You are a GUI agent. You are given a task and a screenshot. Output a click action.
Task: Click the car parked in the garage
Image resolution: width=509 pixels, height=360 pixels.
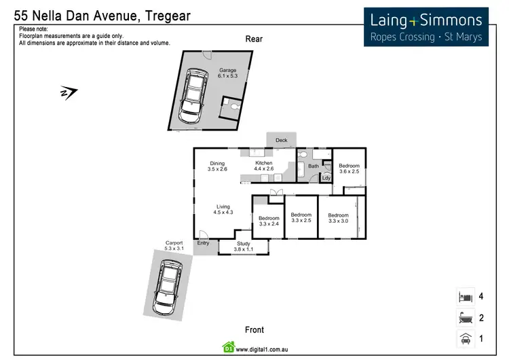click(x=193, y=96)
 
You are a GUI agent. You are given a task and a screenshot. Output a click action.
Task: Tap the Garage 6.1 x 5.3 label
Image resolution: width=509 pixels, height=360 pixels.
click(x=227, y=73)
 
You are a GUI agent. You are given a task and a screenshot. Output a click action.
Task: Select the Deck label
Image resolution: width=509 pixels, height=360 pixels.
click(x=282, y=141)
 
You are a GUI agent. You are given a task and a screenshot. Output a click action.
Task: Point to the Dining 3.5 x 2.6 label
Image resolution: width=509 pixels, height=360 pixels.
click(x=217, y=166)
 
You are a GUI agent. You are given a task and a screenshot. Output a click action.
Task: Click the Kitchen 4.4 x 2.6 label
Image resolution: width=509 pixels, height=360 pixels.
click(x=263, y=166)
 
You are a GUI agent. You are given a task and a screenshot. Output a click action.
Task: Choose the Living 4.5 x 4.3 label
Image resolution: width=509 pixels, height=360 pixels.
click(x=223, y=210)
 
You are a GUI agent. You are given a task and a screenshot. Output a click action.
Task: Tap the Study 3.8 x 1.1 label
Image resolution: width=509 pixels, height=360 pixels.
click(x=244, y=247)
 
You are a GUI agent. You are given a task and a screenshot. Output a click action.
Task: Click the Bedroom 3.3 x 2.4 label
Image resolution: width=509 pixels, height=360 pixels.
click(x=269, y=221)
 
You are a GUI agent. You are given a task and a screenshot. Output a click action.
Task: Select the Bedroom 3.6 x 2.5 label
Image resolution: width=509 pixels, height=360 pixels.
click(x=350, y=168)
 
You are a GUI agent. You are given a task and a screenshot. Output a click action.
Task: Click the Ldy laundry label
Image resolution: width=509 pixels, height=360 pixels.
click(x=326, y=178)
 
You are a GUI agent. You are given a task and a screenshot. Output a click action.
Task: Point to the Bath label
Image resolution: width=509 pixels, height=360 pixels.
click(x=314, y=166)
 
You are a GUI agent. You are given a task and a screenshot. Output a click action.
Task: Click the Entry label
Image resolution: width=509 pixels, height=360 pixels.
click(x=203, y=243)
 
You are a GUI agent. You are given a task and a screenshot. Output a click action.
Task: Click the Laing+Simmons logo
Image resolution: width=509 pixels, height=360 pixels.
click(x=426, y=27)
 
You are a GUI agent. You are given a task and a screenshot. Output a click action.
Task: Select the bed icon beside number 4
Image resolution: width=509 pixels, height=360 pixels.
click(x=465, y=297)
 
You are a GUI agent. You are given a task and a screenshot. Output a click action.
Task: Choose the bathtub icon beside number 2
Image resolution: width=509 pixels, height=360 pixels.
click(x=465, y=317)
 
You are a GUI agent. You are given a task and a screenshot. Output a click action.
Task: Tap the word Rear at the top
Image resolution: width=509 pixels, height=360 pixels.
click(x=254, y=39)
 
